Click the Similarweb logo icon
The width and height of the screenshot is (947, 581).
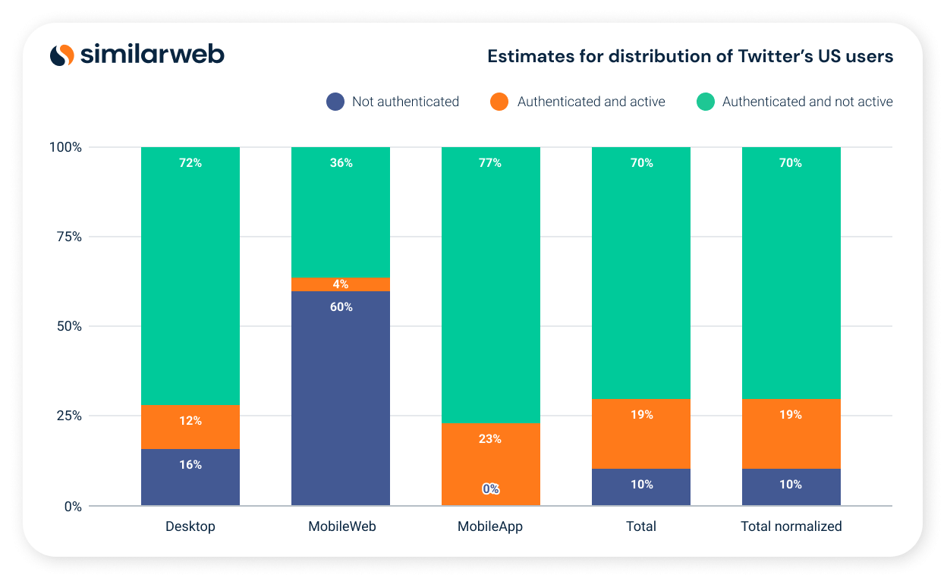[62, 55]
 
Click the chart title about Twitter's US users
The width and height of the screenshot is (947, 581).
[690, 56]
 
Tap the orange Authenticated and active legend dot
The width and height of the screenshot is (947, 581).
[499, 102]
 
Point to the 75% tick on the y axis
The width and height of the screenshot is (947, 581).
[66, 237]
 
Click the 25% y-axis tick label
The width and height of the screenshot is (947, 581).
[66, 416]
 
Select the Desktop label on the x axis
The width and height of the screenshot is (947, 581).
[190, 526]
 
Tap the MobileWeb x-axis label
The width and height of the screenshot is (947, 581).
[341, 526]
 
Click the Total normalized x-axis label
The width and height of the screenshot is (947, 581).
[791, 526]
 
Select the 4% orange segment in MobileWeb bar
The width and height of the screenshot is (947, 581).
[341, 284]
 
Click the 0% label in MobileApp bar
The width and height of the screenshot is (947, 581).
[491, 489]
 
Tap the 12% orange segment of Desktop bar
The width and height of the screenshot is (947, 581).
[190, 426]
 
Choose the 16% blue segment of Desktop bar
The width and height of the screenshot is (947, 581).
[190, 477]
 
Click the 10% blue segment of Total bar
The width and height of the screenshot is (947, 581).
[641, 487]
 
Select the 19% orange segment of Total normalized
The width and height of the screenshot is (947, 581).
[791, 433]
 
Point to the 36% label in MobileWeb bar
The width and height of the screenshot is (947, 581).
[341, 163]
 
